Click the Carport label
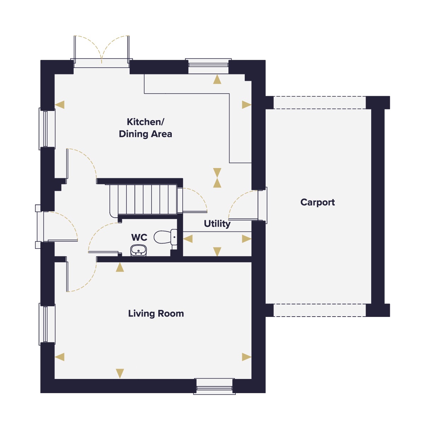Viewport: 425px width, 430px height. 317,202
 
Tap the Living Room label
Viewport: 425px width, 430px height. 156,313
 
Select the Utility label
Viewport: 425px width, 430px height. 217,224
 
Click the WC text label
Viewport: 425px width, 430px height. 139,238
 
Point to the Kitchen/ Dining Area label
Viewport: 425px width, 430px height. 145,128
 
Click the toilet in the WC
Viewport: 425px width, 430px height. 165,237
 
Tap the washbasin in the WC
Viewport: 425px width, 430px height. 138,250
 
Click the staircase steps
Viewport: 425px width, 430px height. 143,199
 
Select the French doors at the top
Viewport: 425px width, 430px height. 101,52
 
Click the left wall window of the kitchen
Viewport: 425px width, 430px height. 46,129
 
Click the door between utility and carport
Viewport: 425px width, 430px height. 248,205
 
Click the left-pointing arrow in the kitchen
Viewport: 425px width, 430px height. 59,105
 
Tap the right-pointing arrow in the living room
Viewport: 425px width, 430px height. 246,357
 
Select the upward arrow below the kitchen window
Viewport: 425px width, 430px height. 217,79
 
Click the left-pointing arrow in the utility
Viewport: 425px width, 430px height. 188,239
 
